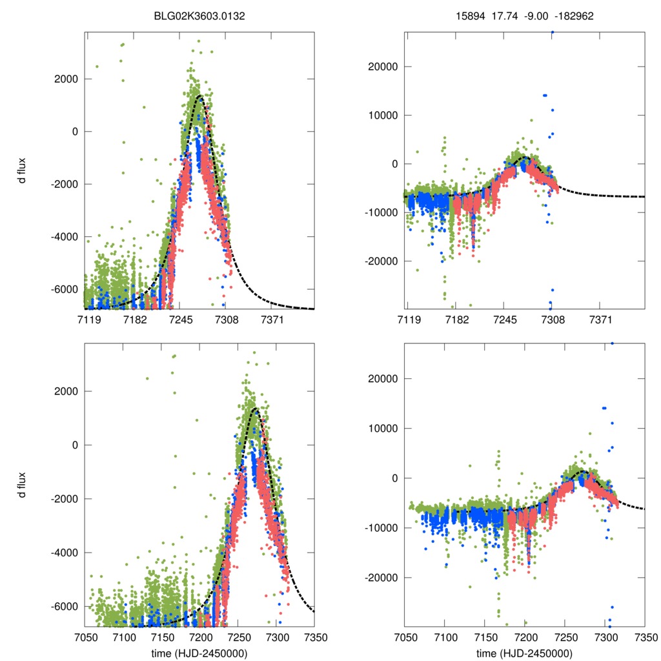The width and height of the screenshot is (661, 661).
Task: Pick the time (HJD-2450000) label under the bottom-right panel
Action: (x=524, y=653)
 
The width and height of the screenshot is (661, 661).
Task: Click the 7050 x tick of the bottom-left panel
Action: (x=85, y=637)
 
